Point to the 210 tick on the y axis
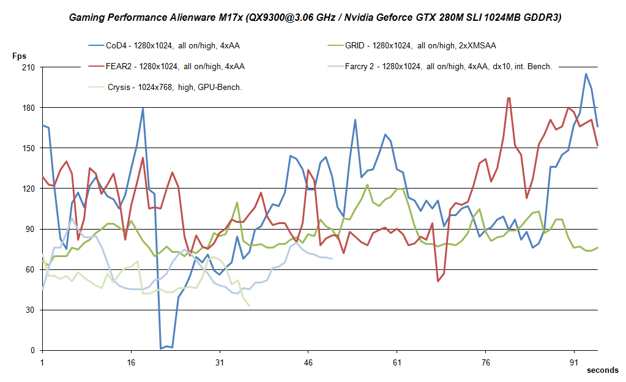coord(29,67)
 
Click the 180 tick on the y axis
coord(29,107)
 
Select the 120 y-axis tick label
coord(29,188)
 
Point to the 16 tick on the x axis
coord(130,362)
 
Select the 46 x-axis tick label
coord(308,362)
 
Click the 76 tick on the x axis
coord(485,362)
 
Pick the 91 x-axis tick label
coord(574,362)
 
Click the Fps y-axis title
coord(20,56)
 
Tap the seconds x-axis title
coord(602,370)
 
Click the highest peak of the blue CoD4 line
coord(586,73)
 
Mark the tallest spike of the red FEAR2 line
coord(509,97)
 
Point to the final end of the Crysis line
coord(249,306)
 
